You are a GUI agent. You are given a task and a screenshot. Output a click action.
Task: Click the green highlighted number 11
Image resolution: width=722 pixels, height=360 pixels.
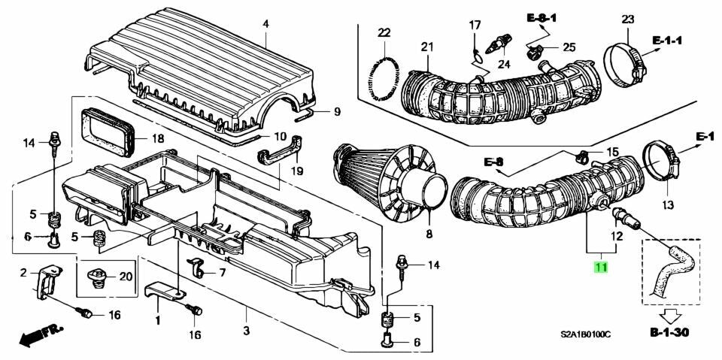tap(601, 266)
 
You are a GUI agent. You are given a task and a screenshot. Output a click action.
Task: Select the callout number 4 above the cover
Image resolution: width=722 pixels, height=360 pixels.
tap(265, 26)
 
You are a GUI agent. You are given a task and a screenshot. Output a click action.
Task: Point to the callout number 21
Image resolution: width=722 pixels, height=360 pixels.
tap(428, 47)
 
